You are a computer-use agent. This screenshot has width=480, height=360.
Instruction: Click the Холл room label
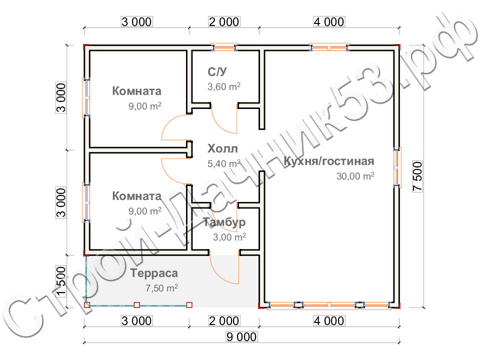tap(222, 148)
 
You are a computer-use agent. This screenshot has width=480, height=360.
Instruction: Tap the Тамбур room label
tap(224, 222)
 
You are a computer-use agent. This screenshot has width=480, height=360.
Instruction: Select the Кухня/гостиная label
tap(329, 161)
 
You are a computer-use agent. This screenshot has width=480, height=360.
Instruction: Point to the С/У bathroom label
tap(217, 72)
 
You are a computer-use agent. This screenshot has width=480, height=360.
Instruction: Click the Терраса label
tap(154, 273)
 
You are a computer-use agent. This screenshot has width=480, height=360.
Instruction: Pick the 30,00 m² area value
tap(355, 176)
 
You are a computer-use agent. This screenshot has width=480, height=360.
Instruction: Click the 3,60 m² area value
tap(224, 86)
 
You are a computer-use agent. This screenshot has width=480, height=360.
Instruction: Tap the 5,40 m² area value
tap(224, 163)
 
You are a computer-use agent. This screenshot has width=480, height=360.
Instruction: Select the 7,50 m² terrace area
tap(161, 288)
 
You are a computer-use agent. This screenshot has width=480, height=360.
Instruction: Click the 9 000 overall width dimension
tap(241, 336)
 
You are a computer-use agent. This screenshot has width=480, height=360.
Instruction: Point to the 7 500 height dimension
tap(417, 176)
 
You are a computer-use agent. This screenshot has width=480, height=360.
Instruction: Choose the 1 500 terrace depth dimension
tap(61, 281)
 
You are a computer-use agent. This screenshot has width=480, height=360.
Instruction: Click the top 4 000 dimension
tap(329, 21)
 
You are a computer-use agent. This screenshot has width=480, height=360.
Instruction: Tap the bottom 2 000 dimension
tap(224, 321)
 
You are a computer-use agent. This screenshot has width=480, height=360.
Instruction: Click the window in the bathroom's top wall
tap(224, 47)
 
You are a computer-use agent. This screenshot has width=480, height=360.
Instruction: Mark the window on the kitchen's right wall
tap(396, 167)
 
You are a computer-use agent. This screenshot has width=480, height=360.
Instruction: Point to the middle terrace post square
tap(137, 305)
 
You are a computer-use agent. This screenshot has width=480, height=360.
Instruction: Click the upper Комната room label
tap(136, 91)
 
